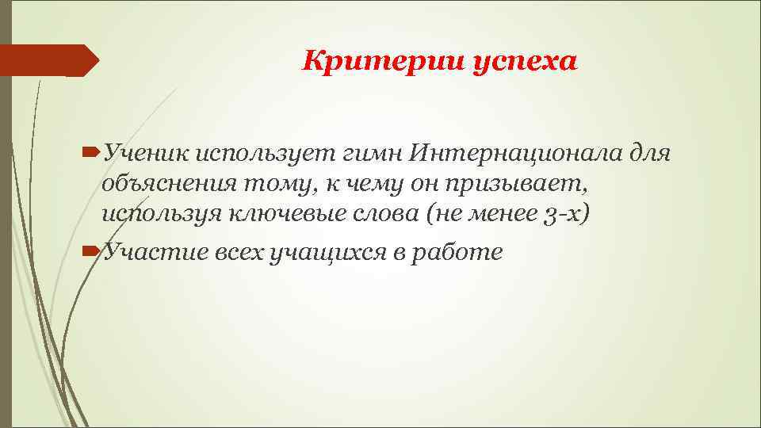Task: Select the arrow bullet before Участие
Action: pyautogui.click(x=91, y=252)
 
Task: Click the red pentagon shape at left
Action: pyautogui.click(x=48, y=60)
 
